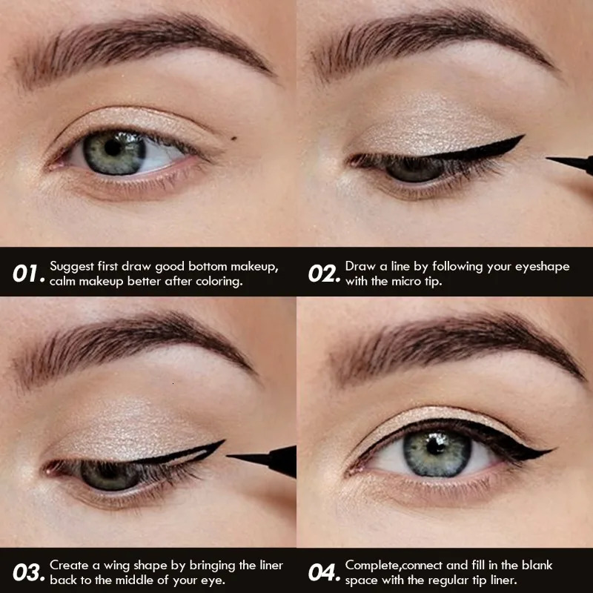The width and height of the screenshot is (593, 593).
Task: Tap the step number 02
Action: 322,274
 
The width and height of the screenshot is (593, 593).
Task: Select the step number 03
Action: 27,572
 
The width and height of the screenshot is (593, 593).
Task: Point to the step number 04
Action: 322,572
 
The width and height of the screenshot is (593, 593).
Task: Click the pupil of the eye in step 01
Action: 113,148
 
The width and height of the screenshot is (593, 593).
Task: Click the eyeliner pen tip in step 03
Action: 231,457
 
